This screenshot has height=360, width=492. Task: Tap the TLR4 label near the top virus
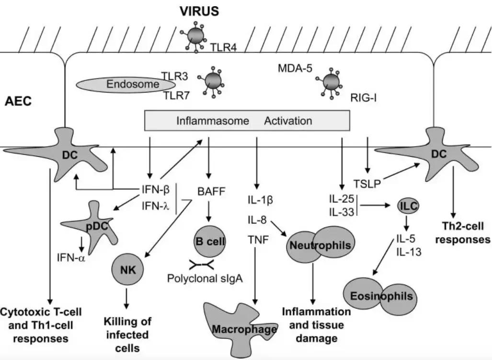[223, 47]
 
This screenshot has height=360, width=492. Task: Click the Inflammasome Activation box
[247, 121]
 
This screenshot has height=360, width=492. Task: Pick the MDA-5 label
[295, 69]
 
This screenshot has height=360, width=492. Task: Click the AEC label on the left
[18, 102]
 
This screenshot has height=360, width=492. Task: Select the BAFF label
[210, 193]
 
